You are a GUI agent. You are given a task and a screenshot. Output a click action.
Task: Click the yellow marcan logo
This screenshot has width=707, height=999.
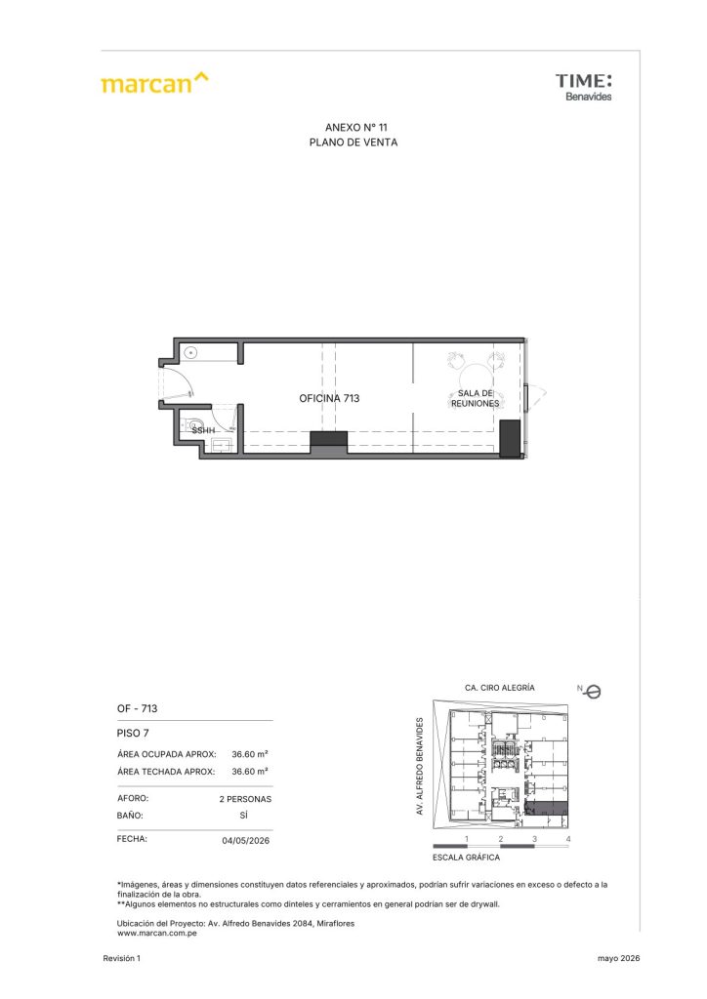coord(154,83)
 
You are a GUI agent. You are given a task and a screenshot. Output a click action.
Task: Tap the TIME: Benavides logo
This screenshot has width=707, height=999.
coord(583,87)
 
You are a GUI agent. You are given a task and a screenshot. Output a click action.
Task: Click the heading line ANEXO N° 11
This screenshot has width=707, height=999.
coord(355,128)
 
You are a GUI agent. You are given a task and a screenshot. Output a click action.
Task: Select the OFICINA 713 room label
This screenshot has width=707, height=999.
coord(329,398)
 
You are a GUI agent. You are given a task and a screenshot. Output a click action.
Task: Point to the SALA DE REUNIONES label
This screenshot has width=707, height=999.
coord(475,398)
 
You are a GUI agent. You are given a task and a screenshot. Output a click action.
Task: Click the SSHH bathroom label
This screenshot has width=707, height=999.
coord(203,430)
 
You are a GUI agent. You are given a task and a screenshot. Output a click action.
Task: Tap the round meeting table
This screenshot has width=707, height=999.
coord(476,376)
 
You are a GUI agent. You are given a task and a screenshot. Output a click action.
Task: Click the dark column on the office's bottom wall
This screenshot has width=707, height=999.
coord(328,441)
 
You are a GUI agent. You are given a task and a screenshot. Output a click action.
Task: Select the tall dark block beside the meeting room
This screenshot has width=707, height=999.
coord(510,438)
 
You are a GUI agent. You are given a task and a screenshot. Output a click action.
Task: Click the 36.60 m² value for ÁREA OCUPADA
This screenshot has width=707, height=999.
coord(250,754)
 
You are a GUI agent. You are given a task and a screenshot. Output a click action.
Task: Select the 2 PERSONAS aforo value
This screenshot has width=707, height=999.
coord(245,799)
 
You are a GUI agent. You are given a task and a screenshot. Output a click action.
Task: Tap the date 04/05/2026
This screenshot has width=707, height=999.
coord(245,840)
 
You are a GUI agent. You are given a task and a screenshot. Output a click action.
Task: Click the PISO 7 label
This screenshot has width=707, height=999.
coord(133,734)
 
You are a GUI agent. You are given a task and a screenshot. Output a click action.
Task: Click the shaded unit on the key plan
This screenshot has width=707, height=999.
coord(546,809)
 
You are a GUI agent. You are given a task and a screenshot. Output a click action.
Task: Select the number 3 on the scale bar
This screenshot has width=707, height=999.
coord(534,839)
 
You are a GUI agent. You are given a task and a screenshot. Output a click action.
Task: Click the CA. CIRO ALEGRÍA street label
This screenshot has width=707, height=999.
coord(500,688)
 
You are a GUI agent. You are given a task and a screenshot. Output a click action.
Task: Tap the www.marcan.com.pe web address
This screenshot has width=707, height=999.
coord(157,934)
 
